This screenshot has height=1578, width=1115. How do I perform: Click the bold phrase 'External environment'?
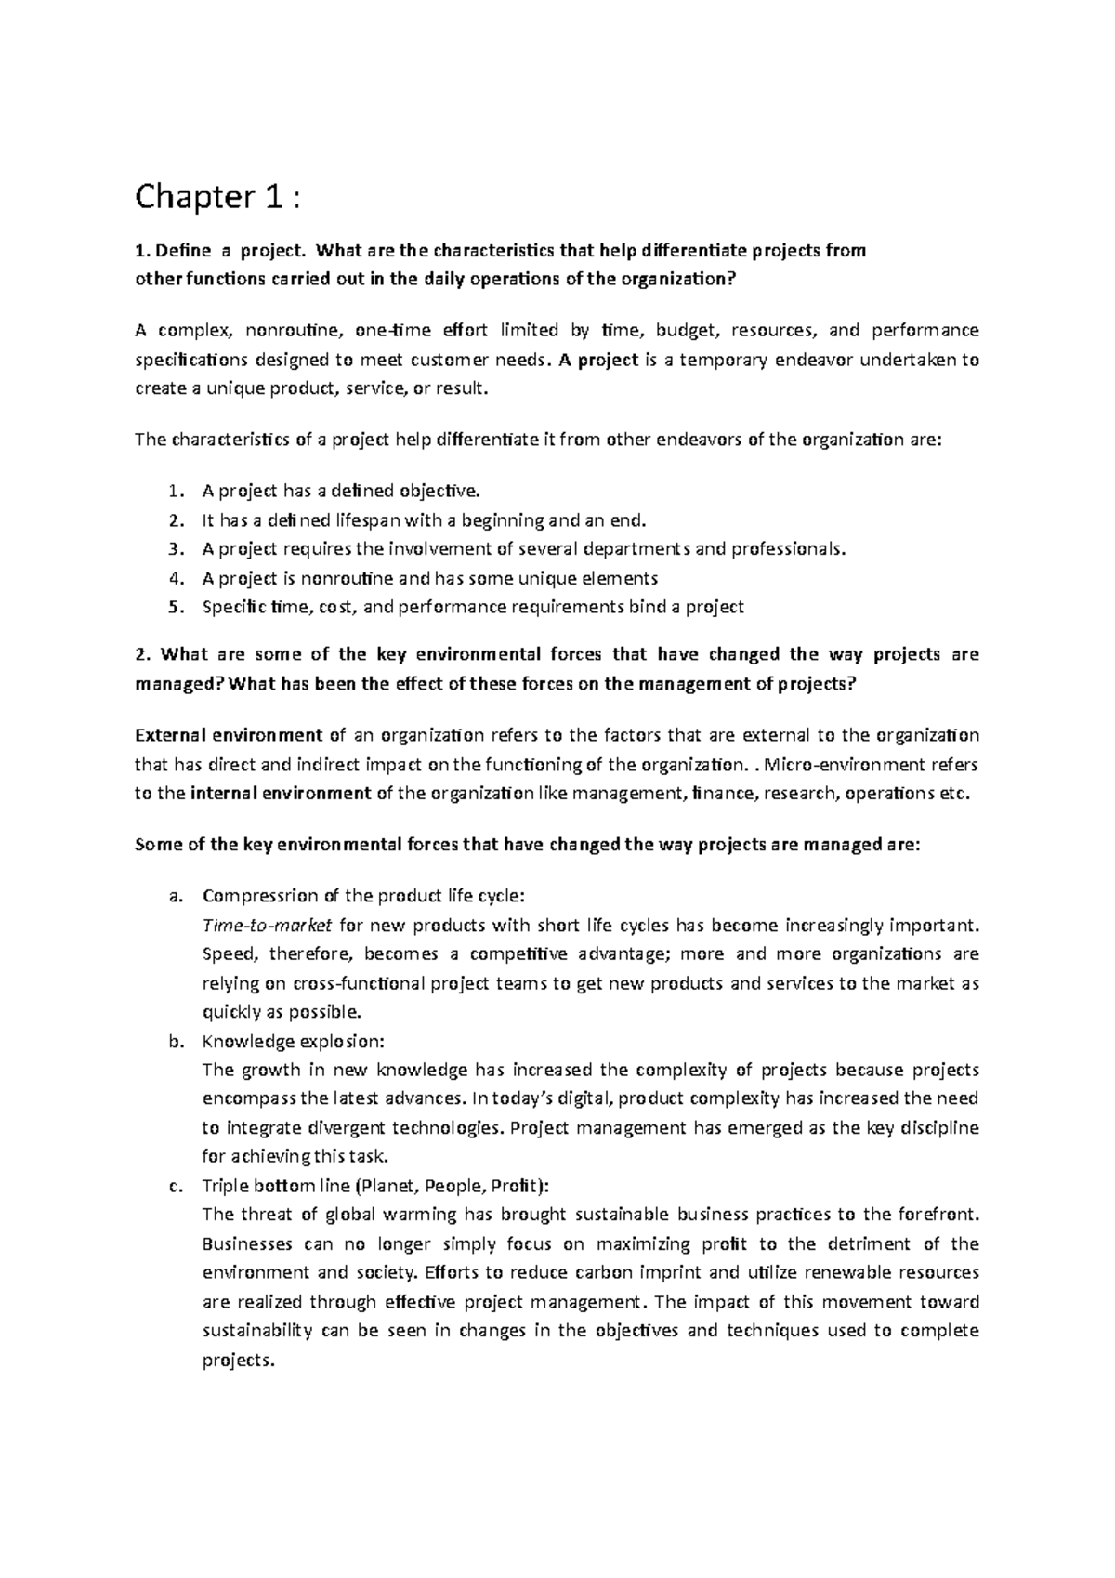click(x=229, y=735)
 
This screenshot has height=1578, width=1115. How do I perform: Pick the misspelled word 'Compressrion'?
click(x=259, y=896)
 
